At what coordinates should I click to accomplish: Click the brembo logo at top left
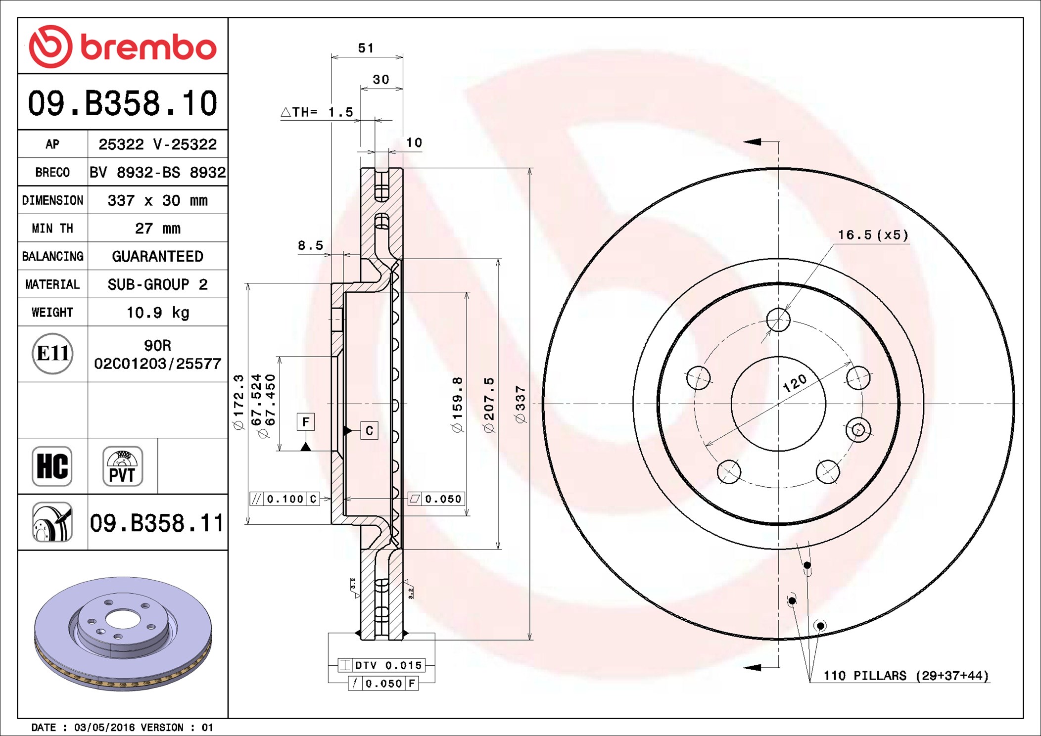click(123, 46)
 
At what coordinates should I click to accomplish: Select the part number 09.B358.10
click(123, 103)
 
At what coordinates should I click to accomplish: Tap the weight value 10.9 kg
click(158, 313)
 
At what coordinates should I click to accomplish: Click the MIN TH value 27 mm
click(158, 229)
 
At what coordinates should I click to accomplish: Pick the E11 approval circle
click(52, 354)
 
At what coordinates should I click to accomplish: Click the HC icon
click(52, 466)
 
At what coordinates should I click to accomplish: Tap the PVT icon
click(123, 466)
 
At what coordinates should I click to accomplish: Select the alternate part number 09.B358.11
click(157, 523)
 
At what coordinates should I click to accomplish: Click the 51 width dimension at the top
click(366, 48)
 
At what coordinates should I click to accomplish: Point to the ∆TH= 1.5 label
click(317, 112)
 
